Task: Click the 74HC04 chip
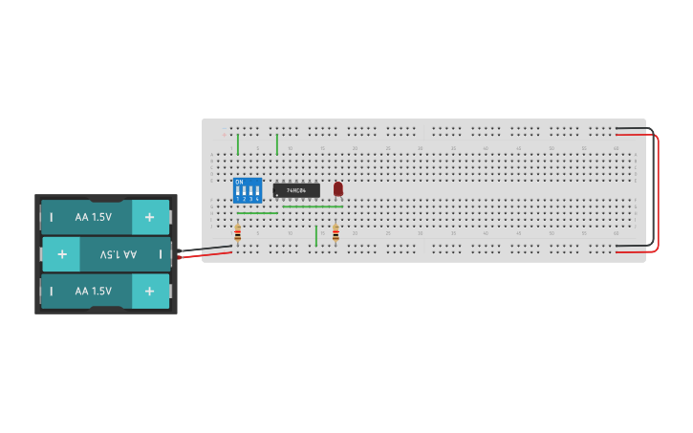296,190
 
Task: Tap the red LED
337,188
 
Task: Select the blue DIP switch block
247,189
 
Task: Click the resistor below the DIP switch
238,233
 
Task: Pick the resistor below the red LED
336,233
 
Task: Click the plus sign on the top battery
149,217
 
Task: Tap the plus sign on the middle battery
61,254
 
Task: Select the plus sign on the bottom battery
149,291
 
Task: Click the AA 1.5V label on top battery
94,217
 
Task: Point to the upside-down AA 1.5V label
119,254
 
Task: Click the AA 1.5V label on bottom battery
94,291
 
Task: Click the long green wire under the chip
312,206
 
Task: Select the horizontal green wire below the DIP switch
257,213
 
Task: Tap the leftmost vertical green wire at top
238,144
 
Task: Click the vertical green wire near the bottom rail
316,235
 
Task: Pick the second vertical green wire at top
277,144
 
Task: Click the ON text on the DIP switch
239,182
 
